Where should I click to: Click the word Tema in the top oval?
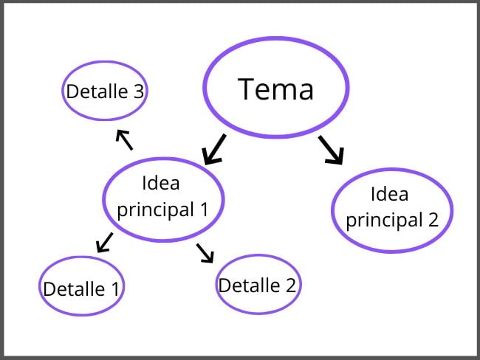[275, 89]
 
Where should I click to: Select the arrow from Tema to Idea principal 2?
[331, 149]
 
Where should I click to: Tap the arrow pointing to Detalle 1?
[105, 242]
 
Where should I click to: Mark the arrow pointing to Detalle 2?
[205, 252]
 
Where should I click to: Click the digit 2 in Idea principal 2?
[433, 219]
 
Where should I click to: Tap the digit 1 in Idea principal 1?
[204, 210]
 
